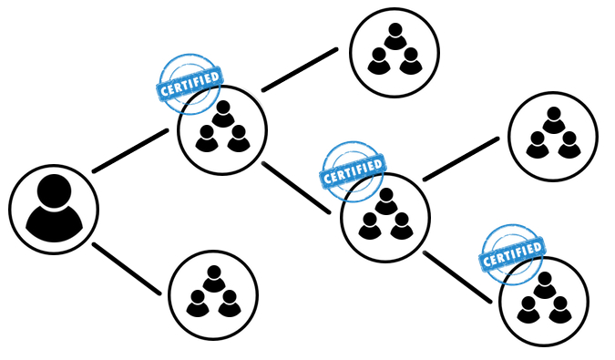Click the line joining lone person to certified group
coord(129,150)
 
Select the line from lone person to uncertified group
coord(127,268)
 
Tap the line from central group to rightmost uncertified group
coord(460,159)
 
